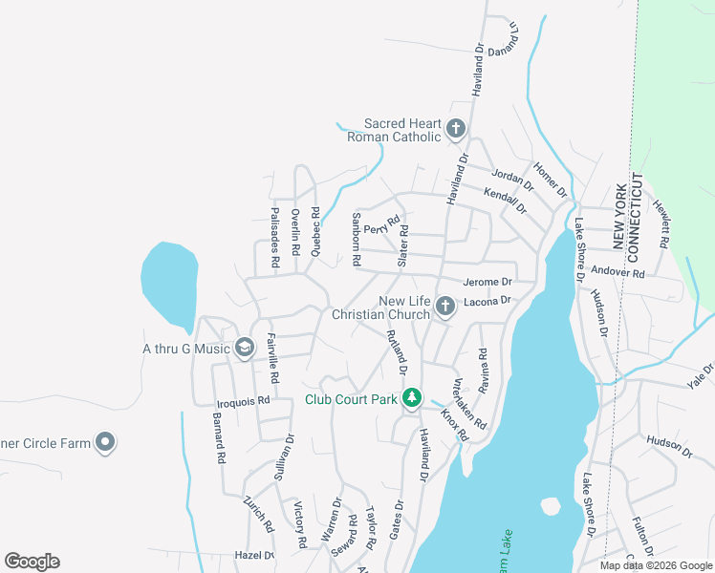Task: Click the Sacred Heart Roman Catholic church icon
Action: (456, 127)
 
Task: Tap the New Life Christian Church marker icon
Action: (444, 306)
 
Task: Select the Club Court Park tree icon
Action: (412, 397)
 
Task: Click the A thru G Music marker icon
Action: (246, 348)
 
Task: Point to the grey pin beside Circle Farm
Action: (105, 442)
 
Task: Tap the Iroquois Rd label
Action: (244, 402)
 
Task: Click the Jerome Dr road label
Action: (487, 282)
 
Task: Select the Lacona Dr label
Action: (488, 301)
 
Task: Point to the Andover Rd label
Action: (618, 272)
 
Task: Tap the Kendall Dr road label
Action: (506, 199)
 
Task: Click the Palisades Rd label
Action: (274, 236)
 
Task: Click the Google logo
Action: (32, 561)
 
